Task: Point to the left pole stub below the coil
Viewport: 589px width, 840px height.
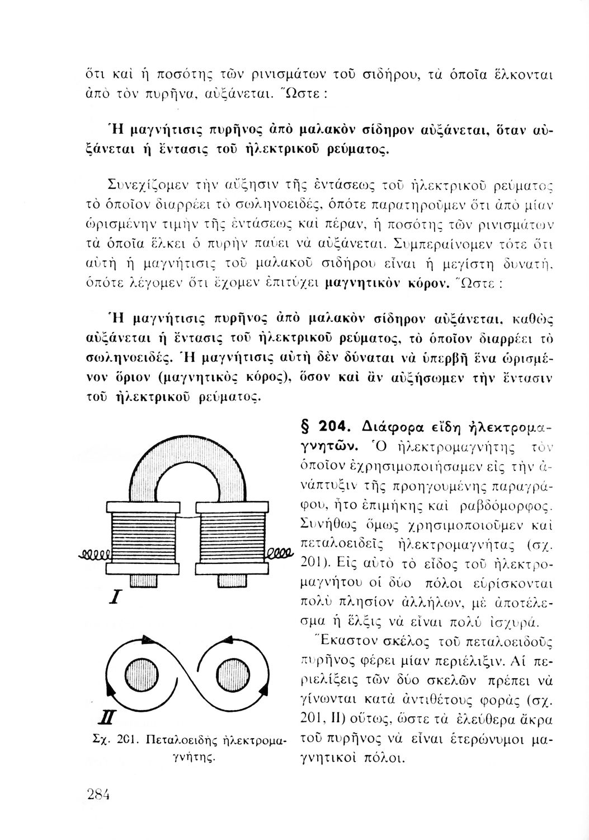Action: coord(140,580)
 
